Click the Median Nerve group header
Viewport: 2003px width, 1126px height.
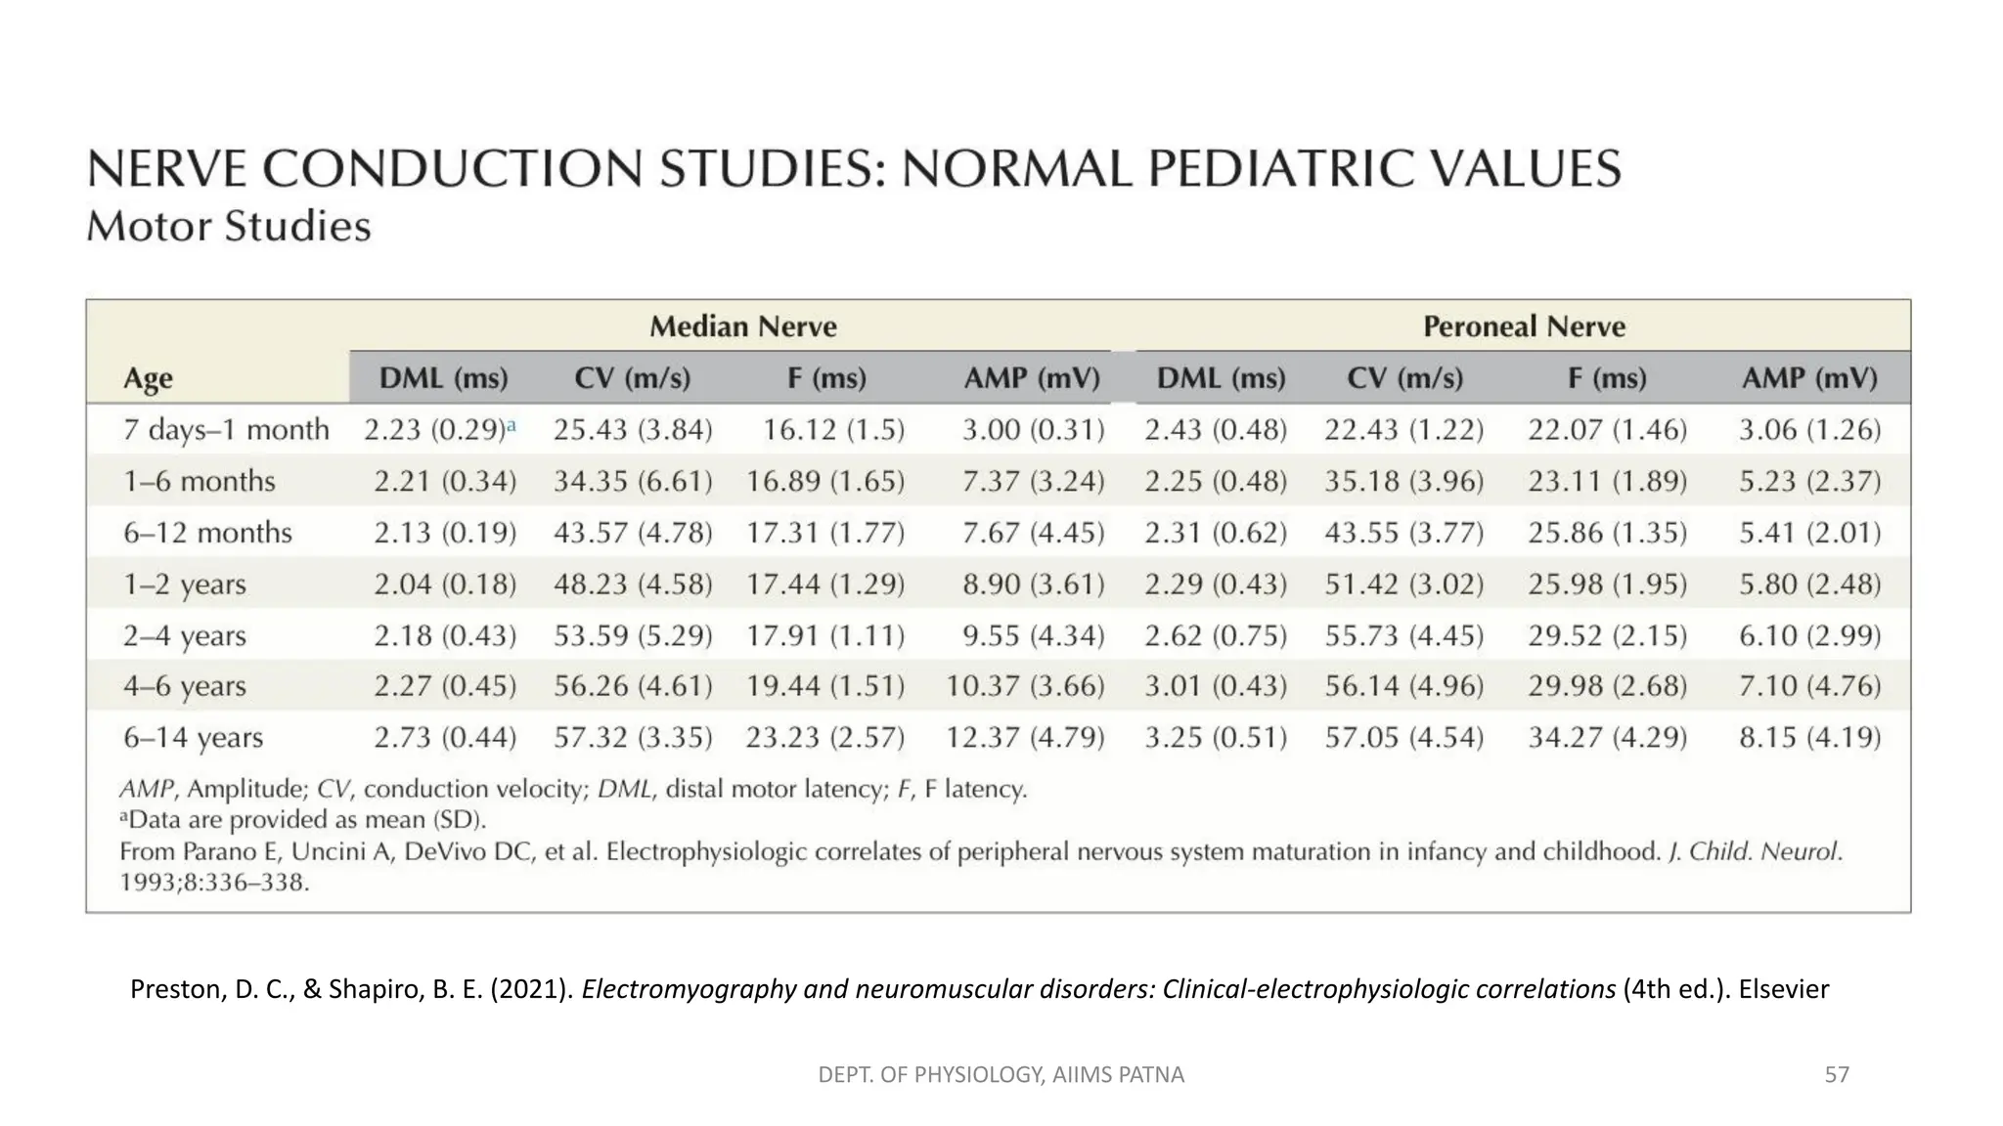point(743,326)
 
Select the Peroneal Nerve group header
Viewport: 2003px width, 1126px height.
point(1524,326)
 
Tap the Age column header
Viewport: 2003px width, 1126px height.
point(148,378)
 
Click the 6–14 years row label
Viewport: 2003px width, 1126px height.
point(193,737)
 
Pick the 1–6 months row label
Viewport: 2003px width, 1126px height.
point(199,481)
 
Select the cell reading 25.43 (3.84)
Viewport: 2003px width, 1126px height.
point(633,430)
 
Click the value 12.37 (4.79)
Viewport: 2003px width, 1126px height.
point(1024,737)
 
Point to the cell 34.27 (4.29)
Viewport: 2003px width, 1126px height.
point(1607,737)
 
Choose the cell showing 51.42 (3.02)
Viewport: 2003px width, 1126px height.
point(1403,585)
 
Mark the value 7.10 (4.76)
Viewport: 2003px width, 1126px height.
point(1809,686)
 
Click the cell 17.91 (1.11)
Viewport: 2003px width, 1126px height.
point(825,636)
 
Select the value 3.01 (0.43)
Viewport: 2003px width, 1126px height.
point(1216,686)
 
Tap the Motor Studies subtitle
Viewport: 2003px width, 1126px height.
point(229,227)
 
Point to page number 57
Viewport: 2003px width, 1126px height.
point(1837,1075)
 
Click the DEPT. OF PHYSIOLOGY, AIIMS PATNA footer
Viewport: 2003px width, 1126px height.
point(1001,1075)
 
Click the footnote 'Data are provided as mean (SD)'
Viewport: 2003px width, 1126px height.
point(303,820)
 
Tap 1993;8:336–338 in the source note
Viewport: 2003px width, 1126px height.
point(214,884)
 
